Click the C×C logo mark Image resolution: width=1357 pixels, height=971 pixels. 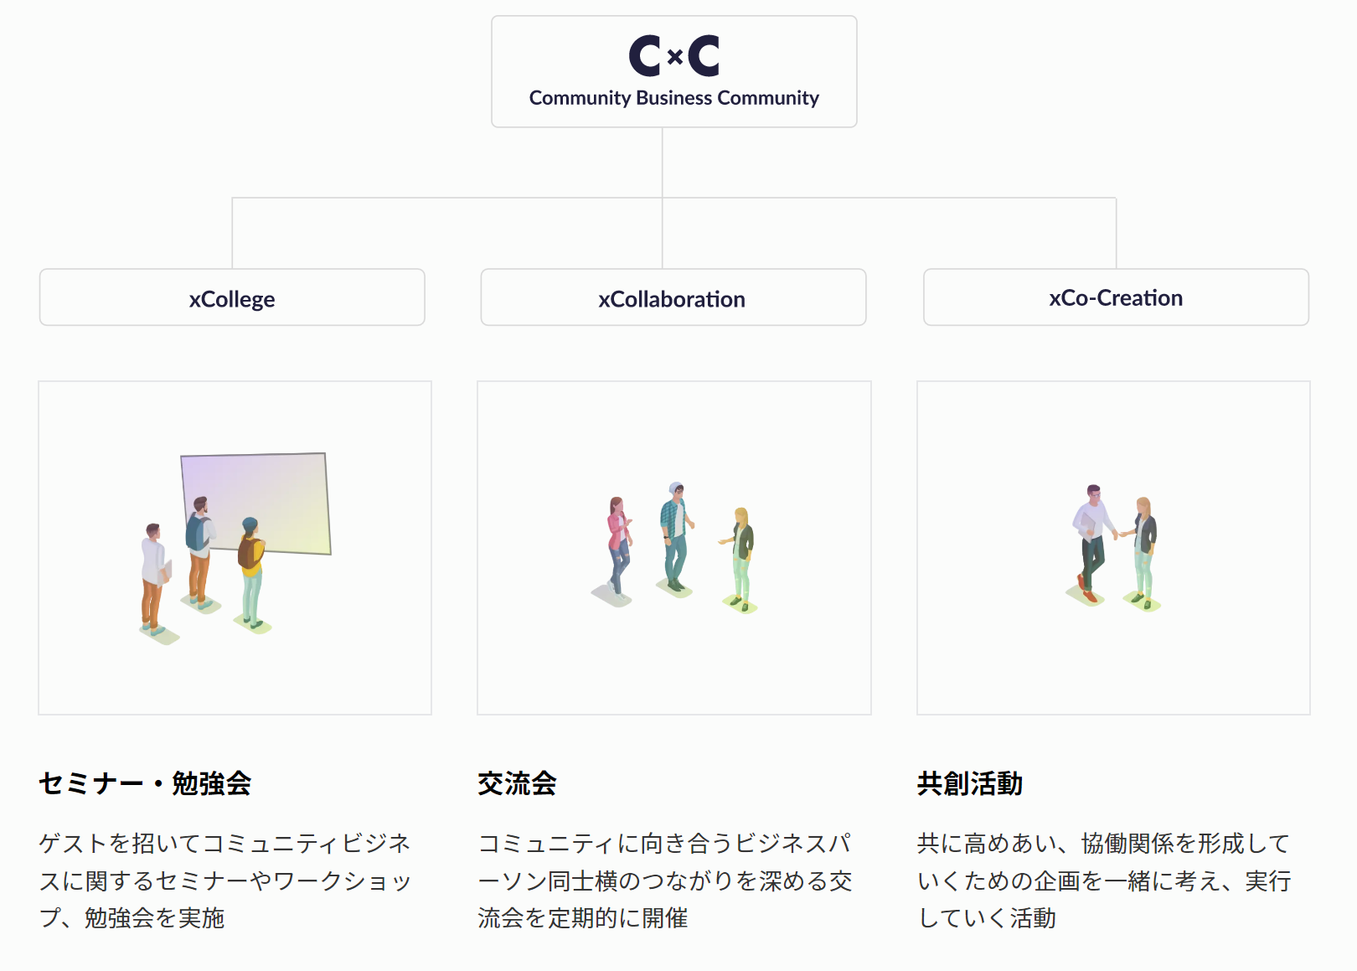(x=673, y=56)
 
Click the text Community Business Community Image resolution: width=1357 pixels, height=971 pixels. (x=673, y=98)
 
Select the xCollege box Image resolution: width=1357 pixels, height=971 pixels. (x=232, y=297)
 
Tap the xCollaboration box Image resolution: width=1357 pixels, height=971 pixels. (x=673, y=297)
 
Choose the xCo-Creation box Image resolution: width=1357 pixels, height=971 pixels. (x=1116, y=297)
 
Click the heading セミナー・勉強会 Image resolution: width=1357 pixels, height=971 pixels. (x=145, y=783)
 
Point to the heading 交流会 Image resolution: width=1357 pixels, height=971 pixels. (x=517, y=783)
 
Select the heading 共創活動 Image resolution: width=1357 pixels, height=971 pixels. (x=970, y=783)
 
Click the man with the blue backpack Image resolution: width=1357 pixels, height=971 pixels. (x=199, y=549)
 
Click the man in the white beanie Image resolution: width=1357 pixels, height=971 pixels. (x=674, y=536)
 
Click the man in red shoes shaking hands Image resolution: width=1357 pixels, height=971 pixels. (x=1091, y=540)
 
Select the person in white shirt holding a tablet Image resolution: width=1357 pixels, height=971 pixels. (x=153, y=578)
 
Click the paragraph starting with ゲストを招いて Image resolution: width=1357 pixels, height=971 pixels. (x=225, y=880)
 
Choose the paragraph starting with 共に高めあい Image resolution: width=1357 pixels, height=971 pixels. (x=1104, y=880)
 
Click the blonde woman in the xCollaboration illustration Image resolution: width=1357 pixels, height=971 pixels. (x=740, y=557)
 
